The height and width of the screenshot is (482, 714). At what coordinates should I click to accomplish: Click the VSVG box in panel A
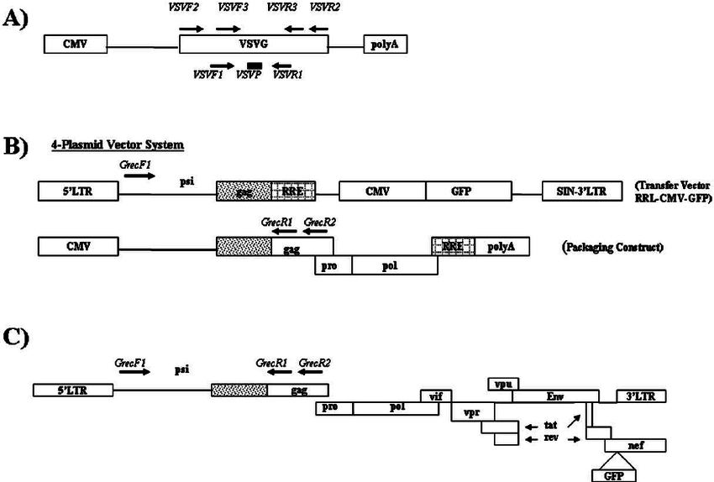(253, 45)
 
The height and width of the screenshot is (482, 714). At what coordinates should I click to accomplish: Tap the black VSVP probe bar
(254, 65)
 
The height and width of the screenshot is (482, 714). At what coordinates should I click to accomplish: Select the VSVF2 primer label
(192, 8)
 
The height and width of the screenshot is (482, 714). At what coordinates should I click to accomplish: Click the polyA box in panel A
(385, 45)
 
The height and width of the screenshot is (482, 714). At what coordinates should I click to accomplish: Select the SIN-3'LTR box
(580, 191)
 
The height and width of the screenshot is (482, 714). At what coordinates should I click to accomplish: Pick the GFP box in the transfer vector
(467, 191)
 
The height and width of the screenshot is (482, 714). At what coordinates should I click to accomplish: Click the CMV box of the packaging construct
(76, 245)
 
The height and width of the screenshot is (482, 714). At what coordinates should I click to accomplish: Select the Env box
(555, 396)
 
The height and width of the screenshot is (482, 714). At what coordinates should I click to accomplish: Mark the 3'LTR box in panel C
(641, 396)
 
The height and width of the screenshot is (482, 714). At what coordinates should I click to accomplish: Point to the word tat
(550, 424)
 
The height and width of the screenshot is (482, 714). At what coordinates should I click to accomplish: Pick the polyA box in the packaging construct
(496, 245)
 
